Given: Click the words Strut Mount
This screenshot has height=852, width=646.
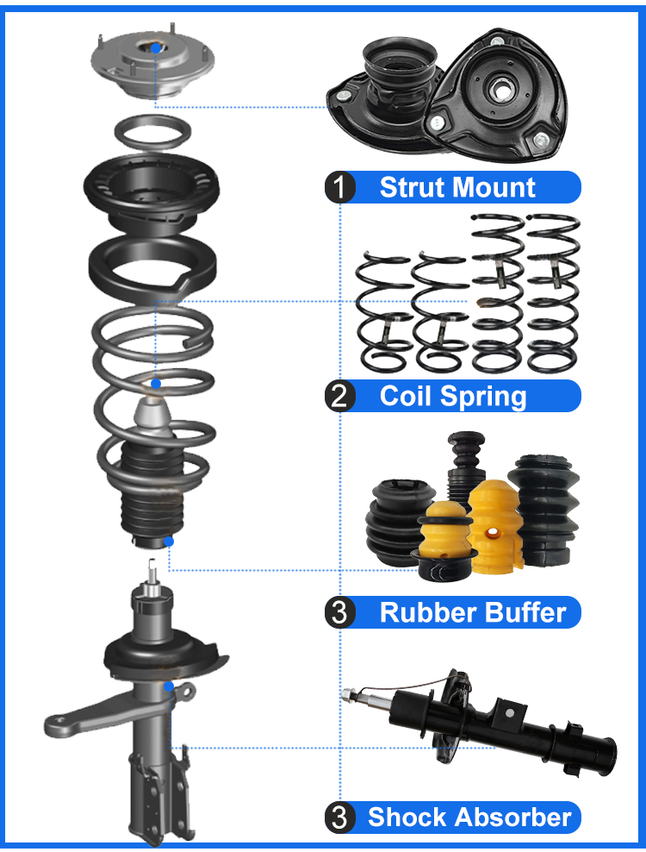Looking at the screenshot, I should pyautogui.click(x=457, y=187).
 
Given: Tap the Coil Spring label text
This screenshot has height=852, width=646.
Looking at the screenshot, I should pyautogui.click(x=453, y=397).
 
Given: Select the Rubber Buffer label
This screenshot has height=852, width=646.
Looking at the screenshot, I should pyautogui.click(x=473, y=612).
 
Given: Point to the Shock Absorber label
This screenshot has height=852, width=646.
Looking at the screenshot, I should pyautogui.click(x=469, y=818).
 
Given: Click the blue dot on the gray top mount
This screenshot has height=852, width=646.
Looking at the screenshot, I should pyautogui.click(x=154, y=49).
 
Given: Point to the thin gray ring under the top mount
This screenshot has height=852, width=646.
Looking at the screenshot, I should pyautogui.click(x=153, y=133).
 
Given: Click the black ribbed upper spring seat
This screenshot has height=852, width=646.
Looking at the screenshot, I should pyautogui.click(x=152, y=188).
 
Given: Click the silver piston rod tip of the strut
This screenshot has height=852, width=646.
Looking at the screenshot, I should pyautogui.click(x=152, y=571).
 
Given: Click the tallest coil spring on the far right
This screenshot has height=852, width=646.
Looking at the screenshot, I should pyautogui.click(x=551, y=293).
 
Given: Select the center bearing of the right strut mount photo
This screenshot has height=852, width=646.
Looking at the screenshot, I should pyautogui.click(x=500, y=88).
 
